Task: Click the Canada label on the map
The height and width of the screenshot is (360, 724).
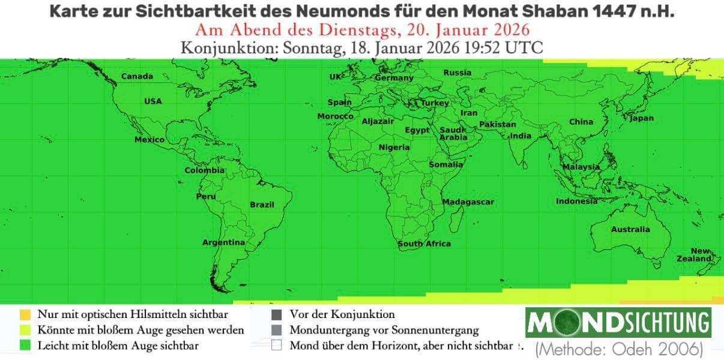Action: [137, 76]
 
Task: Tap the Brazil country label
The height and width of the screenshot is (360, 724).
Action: [262, 205]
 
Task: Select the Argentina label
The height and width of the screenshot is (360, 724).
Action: [223, 242]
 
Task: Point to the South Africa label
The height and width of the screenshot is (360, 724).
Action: [424, 244]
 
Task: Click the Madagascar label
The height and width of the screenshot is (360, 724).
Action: [468, 202]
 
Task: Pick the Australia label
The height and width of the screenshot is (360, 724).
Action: [630, 229]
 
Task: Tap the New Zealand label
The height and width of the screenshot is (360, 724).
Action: [701, 254]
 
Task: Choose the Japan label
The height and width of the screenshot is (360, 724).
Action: [641, 118]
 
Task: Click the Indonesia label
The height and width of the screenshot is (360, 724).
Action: [576, 201]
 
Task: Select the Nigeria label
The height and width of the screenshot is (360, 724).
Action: [394, 147]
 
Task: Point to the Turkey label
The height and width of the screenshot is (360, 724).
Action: [435, 103]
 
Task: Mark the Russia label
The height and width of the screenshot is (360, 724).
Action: [457, 73]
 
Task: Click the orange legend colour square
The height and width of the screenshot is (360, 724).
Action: [25, 314]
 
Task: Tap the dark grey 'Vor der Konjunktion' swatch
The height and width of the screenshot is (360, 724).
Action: [276, 314]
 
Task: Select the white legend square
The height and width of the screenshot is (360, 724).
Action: [276, 346]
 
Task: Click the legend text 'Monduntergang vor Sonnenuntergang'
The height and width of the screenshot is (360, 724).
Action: [384, 330]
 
